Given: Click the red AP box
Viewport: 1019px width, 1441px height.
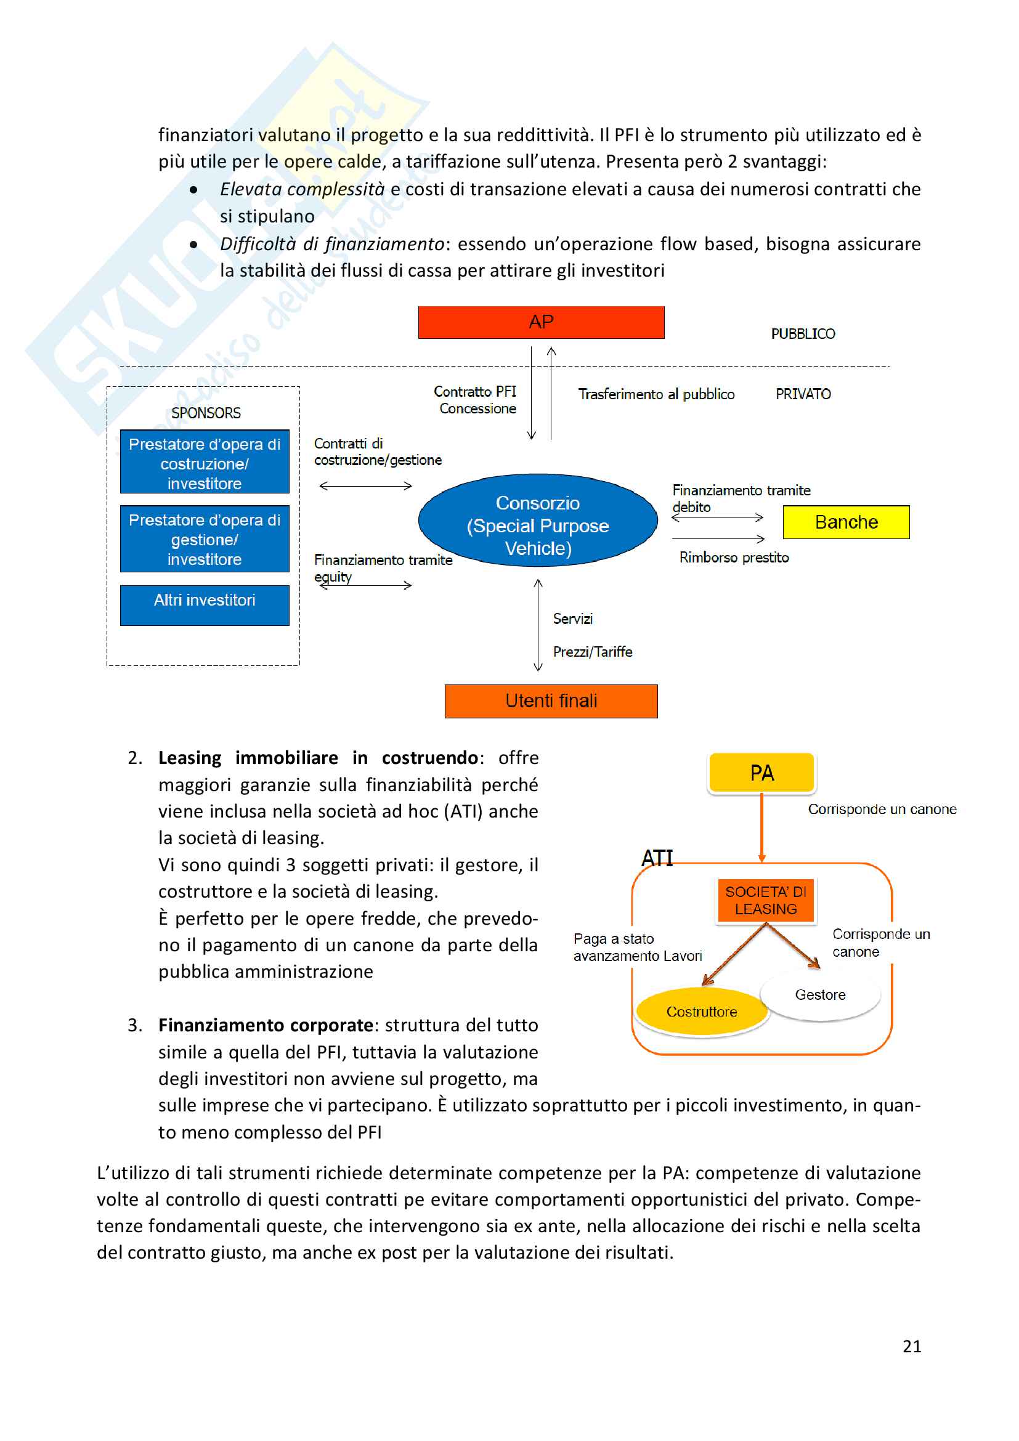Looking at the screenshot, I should pyautogui.click(x=541, y=322).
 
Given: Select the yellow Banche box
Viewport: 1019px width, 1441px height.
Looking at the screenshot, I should pyautogui.click(x=846, y=522).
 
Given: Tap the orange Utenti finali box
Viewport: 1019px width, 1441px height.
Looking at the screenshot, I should pyautogui.click(x=551, y=700).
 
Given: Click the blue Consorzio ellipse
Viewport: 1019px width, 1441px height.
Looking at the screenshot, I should pyautogui.click(x=538, y=521).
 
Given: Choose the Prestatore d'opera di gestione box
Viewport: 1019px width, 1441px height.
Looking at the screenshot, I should pyautogui.click(x=205, y=539).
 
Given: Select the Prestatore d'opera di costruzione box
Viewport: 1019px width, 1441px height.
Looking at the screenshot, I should pyautogui.click(x=205, y=463).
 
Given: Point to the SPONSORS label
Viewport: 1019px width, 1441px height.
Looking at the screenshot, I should pyautogui.click(x=206, y=413).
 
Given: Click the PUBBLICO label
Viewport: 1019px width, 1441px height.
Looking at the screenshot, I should pyautogui.click(x=803, y=334).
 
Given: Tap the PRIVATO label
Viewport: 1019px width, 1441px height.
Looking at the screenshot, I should pyautogui.click(x=803, y=394).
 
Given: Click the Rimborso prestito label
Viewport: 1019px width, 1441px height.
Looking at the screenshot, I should pyautogui.click(x=734, y=558).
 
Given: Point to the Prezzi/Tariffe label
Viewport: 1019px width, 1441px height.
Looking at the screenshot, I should pyautogui.click(x=592, y=651).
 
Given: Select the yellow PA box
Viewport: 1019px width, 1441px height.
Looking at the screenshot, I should pyautogui.click(x=761, y=773).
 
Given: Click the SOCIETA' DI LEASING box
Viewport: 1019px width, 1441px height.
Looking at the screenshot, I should pyautogui.click(x=766, y=900).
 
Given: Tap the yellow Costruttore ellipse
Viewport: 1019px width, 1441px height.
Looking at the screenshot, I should pyautogui.click(x=702, y=1011).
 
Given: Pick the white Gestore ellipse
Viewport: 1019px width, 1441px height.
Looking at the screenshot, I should pyautogui.click(x=820, y=995).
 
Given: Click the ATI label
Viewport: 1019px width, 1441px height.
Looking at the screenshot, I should pyautogui.click(x=657, y=858).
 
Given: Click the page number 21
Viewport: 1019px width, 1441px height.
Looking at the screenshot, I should pyautogui.click(x=912, y=1346).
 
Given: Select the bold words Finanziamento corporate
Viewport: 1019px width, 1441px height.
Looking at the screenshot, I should pyautogui.click(x=266, y=1025).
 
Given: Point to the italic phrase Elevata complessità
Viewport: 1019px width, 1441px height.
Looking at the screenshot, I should pyautogui.click(x=302, y=189).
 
